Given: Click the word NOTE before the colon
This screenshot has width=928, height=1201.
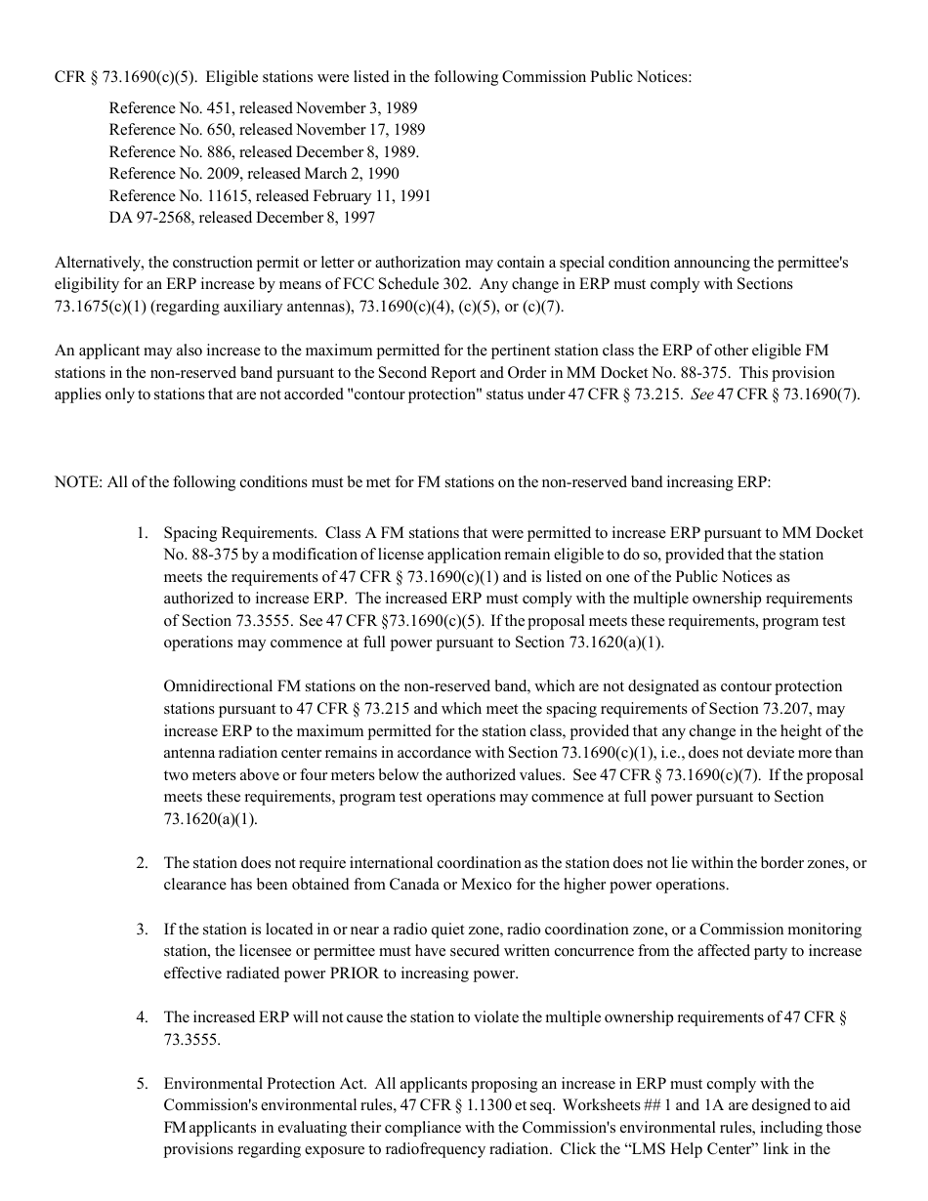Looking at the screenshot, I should [75, 482].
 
